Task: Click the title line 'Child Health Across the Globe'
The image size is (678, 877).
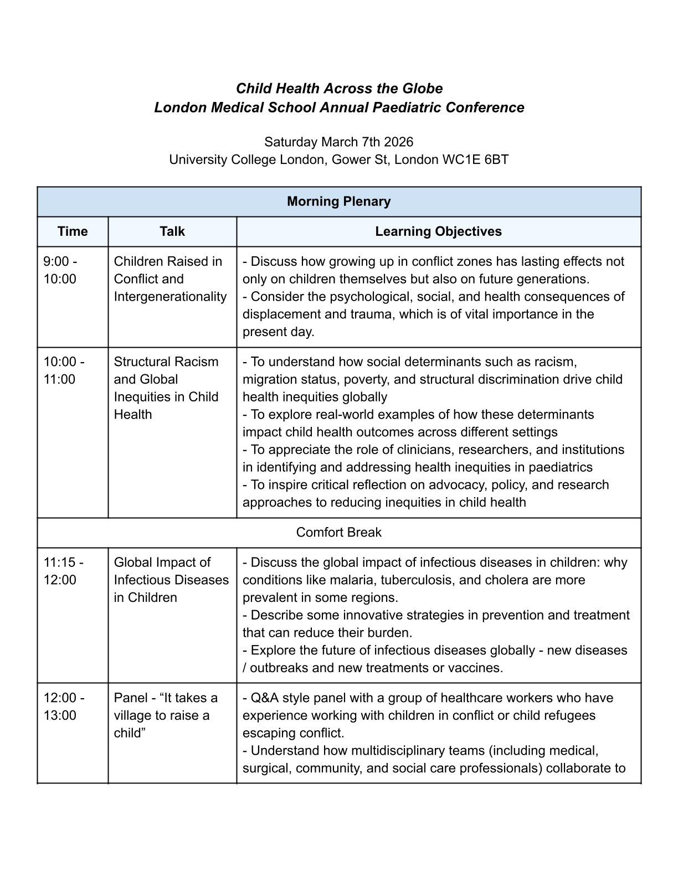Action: pyautogui.click(x=339, y=89)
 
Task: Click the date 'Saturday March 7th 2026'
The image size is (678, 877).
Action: pyautogui.click(x=338, y=142)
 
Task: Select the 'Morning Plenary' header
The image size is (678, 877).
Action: pyautogui.click(x=338, y=202)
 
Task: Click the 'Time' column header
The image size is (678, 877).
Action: pyautogui.click(x=73, y=231)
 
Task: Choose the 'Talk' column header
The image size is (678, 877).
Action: pyautogui.click(x=172, y=231)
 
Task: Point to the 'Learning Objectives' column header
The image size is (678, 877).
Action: pyautogui.click(x=438, y=231)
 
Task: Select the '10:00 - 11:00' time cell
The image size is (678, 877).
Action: pyautogui.click(x=64, y=370)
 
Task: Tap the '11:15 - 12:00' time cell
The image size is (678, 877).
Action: pyautogui.click(x=64, y=571)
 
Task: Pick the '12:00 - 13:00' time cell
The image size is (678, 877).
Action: pyautogui.click(x=64, y=706)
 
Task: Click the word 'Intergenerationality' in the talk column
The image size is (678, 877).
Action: pyautogui.click(x=170, y=297)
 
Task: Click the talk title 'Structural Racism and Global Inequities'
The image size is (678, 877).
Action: pyautogui.click(x=166, y=379)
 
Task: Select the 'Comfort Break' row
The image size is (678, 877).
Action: pyautogui.click(x=338, y=533)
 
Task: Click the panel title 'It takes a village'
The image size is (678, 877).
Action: pyautogui.click(x=166, y=706)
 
